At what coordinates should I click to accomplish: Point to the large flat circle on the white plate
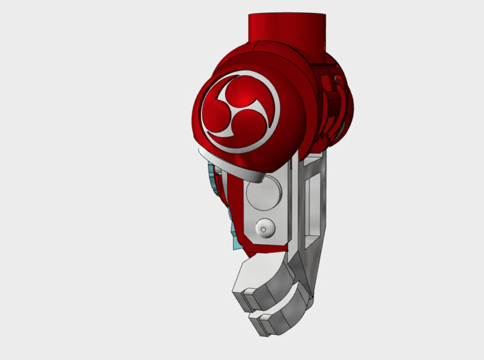pos(264,193)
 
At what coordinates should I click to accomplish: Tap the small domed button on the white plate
pos(264,228)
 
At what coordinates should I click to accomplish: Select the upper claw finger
pos(262,280)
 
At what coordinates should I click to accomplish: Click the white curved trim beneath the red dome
pos(232,167)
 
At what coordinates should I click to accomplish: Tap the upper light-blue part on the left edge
pos(213,181)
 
